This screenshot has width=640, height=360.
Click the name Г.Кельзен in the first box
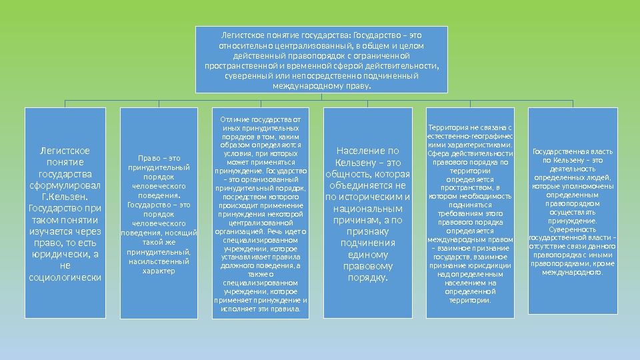coord(65,197)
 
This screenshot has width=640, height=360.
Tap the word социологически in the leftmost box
coord(65,277)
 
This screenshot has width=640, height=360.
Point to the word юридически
coord(59,254)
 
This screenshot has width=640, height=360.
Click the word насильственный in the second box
coord(159,262)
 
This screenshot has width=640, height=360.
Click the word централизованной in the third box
coord(261,223)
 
